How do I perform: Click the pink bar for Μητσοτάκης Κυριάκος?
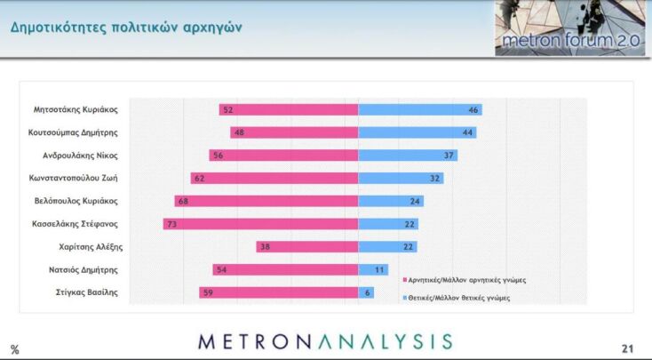coord(289,109)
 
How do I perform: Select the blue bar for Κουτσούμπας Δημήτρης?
coord(417,132)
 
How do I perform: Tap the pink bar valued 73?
coord(260,223)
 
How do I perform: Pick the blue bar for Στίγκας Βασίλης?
coord(365,292)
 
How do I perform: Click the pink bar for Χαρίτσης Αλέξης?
coord(306,246)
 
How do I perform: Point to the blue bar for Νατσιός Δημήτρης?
coord(371,269)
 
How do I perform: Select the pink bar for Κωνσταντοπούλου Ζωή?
coord(274,178)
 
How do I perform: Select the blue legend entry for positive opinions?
coord(461,298)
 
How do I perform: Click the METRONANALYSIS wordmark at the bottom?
coord(325,341)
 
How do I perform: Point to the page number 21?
coord(627,348)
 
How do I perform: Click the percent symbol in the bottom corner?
coord(14,349)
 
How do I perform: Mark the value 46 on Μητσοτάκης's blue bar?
coord(473,109)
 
